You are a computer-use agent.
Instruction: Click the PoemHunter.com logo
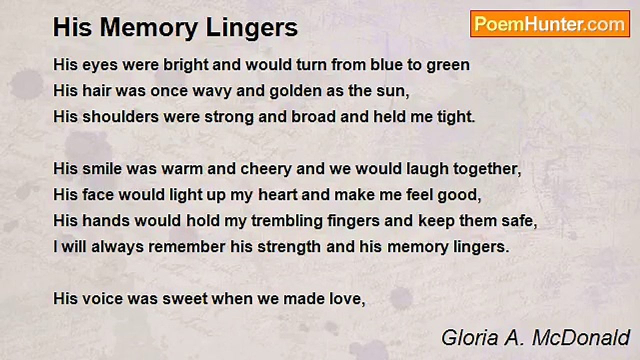550,23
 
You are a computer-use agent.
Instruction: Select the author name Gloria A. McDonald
535,338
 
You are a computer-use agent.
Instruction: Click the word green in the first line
448,65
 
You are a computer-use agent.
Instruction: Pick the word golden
314,91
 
